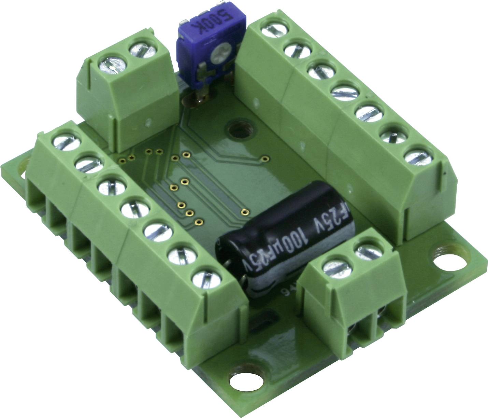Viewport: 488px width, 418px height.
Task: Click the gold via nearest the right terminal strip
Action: pos(264,158)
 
